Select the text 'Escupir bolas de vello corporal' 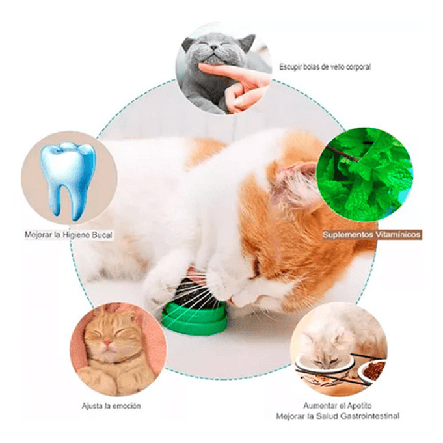click(325, 66)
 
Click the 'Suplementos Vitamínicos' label click(371, 234)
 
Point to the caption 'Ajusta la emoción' click(111, 406)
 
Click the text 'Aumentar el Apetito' click(337, 405)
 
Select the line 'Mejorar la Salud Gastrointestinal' click(337, 416)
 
